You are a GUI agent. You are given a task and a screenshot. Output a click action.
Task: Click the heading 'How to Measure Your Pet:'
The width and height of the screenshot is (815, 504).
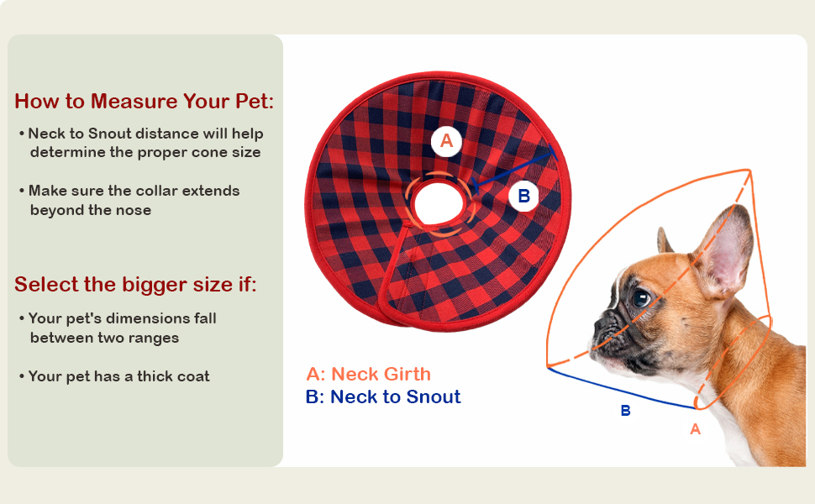pos(144,101)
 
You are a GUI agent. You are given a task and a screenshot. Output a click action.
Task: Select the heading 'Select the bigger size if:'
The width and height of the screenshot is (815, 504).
pos(135,284)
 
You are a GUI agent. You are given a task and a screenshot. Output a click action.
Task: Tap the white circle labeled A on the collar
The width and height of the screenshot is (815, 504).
pos(446,141)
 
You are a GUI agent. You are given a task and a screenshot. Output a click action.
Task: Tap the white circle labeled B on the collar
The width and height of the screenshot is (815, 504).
pos(524,196)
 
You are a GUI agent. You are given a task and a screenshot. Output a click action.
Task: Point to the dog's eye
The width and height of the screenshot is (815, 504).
pos(642,298)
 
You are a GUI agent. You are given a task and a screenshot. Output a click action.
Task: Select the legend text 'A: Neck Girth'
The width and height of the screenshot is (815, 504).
pos(369,374)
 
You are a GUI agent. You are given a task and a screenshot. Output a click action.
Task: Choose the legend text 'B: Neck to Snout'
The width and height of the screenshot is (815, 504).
pos(383,397)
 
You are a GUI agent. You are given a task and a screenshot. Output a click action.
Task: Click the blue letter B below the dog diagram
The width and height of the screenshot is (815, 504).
pos(626,411)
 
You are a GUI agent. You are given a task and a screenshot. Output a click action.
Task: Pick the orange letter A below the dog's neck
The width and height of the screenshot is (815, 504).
pos(696,429)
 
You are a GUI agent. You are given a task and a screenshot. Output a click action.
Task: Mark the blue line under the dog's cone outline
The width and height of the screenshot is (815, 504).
pos(621,387)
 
